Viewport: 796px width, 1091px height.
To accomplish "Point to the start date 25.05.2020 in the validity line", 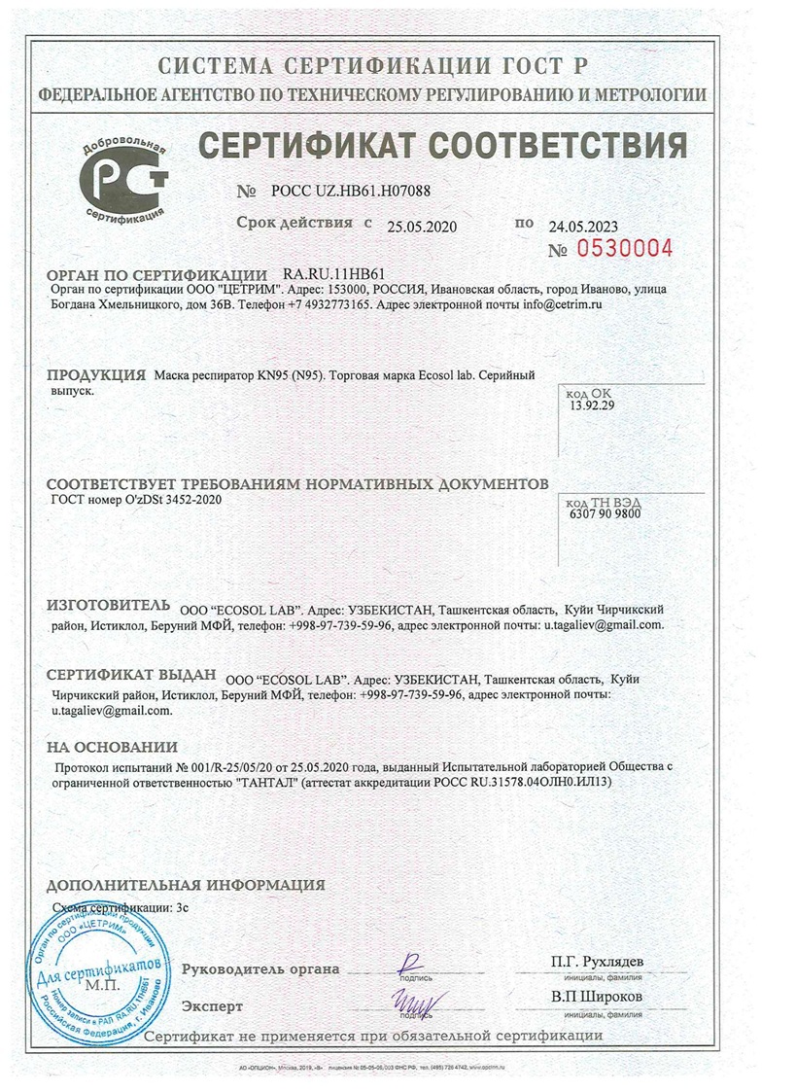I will pos(422,227).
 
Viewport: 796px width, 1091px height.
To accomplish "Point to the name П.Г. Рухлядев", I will pos(596,962).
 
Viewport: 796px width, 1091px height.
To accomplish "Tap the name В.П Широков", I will pos(596,998).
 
